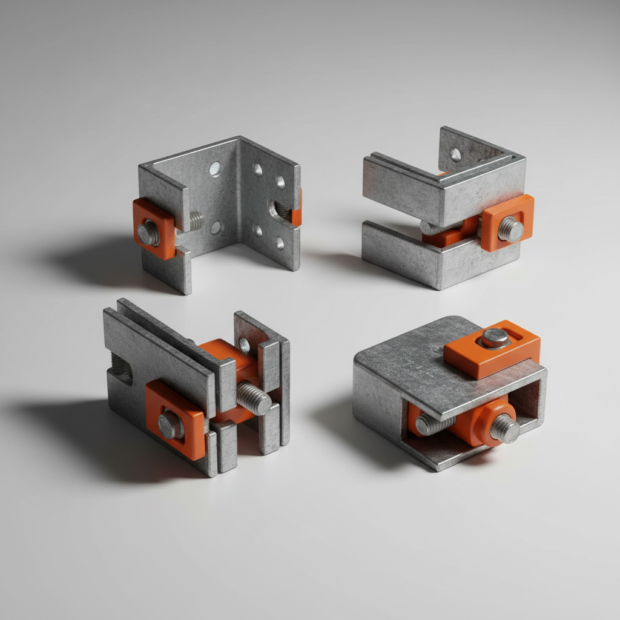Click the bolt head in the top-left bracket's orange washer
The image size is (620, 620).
[148, 232]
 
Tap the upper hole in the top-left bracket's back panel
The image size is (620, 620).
[215, 169]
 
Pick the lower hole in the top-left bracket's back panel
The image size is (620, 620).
[216, 227]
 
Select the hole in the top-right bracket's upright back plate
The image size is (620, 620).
[455, 155]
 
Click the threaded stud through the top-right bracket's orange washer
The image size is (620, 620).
[510, 229]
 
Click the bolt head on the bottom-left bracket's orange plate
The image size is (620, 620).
[170, 424]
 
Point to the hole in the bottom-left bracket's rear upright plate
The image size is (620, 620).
[244, 345]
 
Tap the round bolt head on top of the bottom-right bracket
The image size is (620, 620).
[495, 338]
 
